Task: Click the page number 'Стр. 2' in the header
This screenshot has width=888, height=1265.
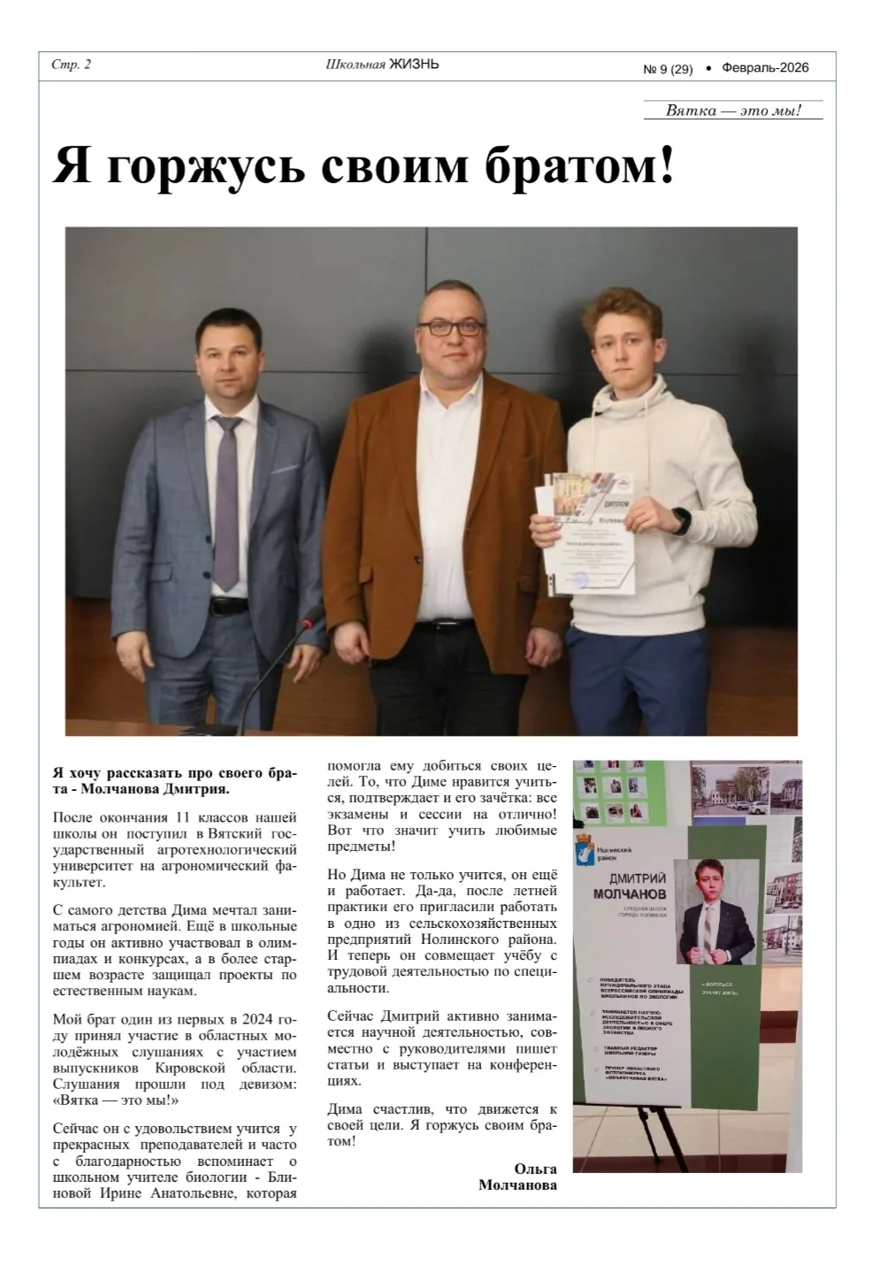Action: coord(72,65)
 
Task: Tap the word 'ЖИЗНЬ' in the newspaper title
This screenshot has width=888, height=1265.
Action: coord(414,65)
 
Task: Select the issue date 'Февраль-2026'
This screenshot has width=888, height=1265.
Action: coord(765,67)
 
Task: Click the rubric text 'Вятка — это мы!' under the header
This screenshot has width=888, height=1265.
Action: coord(733,111)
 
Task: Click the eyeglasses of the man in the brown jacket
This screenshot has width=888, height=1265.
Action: coord(449,327)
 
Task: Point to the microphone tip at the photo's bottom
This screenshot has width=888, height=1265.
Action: coord(308,622)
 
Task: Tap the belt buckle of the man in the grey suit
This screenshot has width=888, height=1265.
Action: coord(227,607)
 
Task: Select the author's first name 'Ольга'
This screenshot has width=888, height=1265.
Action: coord(535,1169)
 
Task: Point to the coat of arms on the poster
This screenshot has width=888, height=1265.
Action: coord(585,854)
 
